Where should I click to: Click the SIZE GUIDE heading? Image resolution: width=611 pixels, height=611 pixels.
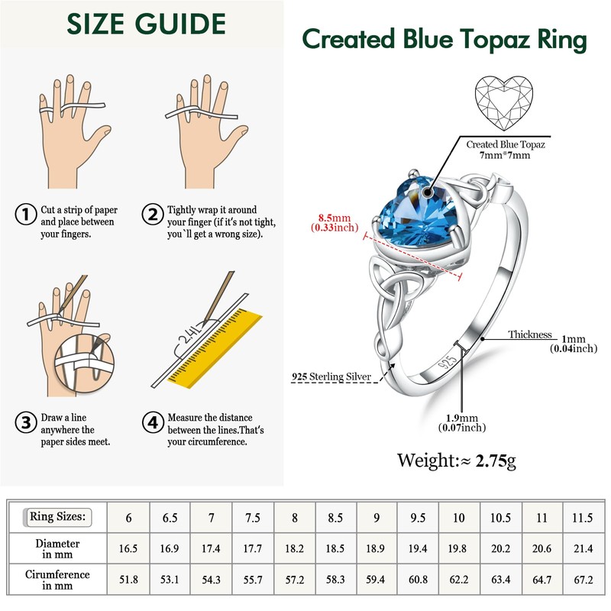click(147, 25)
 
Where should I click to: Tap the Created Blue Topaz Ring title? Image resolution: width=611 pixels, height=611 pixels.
click(445, 39)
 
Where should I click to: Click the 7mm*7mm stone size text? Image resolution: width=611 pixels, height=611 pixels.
click(506, 155)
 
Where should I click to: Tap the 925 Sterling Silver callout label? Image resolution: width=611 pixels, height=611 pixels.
click(331, 377)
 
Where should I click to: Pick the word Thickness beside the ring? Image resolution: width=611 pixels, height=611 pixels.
click(530, 335)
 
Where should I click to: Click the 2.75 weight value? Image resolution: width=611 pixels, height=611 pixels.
click(493, 461)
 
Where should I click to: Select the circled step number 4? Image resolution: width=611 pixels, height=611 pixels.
click(154, 421)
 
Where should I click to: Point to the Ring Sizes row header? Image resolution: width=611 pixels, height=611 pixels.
click(57, 517)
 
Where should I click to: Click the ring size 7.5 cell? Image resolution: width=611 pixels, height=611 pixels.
click(252, 518)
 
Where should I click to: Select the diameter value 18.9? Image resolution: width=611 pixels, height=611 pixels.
click(376, 547)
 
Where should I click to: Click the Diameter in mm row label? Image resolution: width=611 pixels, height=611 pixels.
click(57, 548)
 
